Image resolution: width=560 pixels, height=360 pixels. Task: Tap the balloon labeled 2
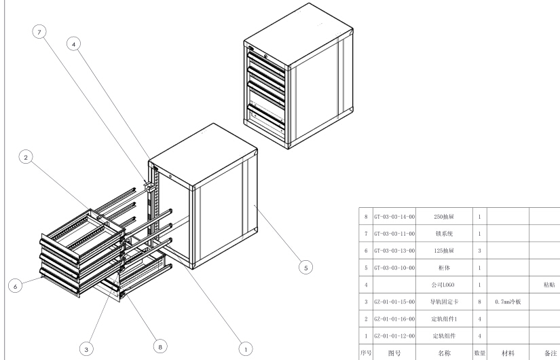pos(26,158)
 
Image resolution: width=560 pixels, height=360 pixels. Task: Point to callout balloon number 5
pos(306,269)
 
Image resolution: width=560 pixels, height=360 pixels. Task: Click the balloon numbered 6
pos(14,286)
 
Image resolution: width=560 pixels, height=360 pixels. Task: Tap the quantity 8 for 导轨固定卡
pos(479,300)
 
